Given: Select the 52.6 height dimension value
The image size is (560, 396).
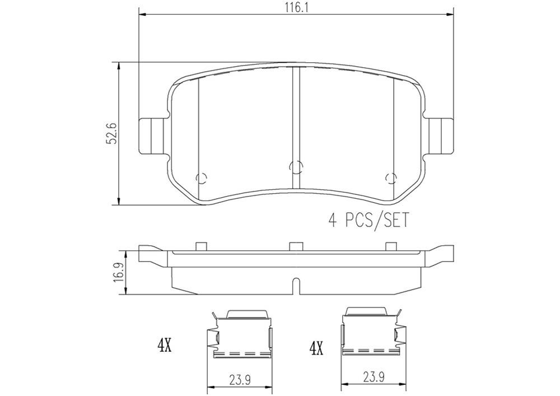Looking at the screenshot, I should tap(111, 134).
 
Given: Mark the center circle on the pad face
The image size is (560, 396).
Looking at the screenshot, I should tap(295, 166).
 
